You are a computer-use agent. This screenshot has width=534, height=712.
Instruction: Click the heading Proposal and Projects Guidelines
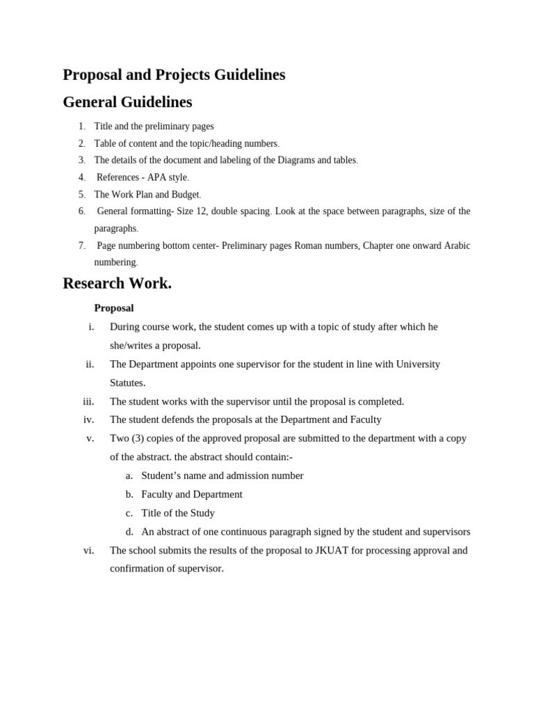tap(174, 75)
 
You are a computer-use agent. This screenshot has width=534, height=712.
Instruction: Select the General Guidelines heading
tap(127, 102)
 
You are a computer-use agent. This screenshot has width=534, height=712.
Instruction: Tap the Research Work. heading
tap(117, 284)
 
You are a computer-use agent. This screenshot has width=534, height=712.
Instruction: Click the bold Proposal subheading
tap(114, 308)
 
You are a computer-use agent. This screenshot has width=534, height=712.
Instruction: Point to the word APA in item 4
tap(157, 177)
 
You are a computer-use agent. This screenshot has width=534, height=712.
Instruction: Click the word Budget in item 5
tap(185, 195)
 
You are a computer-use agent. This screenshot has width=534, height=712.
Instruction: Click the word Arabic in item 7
tap(455, 245)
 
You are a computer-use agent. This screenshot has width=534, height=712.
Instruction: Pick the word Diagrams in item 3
tap(295, 160)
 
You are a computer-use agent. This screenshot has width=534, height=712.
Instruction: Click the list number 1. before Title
tap(82, 127)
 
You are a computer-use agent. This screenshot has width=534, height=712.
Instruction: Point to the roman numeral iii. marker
tap(88, 401)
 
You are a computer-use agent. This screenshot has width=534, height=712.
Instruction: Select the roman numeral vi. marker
tap(88, 550)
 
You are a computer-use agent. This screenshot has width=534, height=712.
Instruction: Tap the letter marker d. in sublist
tap(129, 532)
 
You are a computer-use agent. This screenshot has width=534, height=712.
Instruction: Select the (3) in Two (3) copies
tap(138, 438)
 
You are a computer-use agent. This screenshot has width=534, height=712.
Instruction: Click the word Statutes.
tap(128, 382)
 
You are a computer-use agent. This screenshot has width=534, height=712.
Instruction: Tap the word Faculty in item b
tap(157, 494)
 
